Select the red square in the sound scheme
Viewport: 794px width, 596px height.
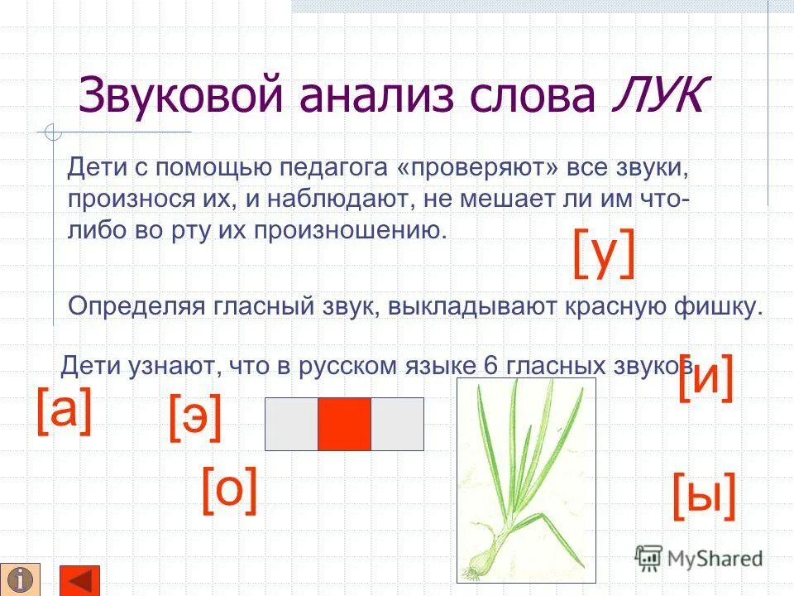pos(344,424)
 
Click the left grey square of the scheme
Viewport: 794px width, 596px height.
pos(291,424)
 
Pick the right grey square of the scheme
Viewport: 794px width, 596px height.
pos(397,424)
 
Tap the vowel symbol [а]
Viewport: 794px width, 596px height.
pos(63,411)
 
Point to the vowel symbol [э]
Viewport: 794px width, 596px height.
pos(195,418)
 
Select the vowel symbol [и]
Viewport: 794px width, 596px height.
pos(706,377)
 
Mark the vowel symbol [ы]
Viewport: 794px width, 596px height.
pos(704,497)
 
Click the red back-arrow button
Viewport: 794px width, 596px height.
pos(80,579)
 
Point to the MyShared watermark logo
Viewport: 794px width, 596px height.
pos(700,558)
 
